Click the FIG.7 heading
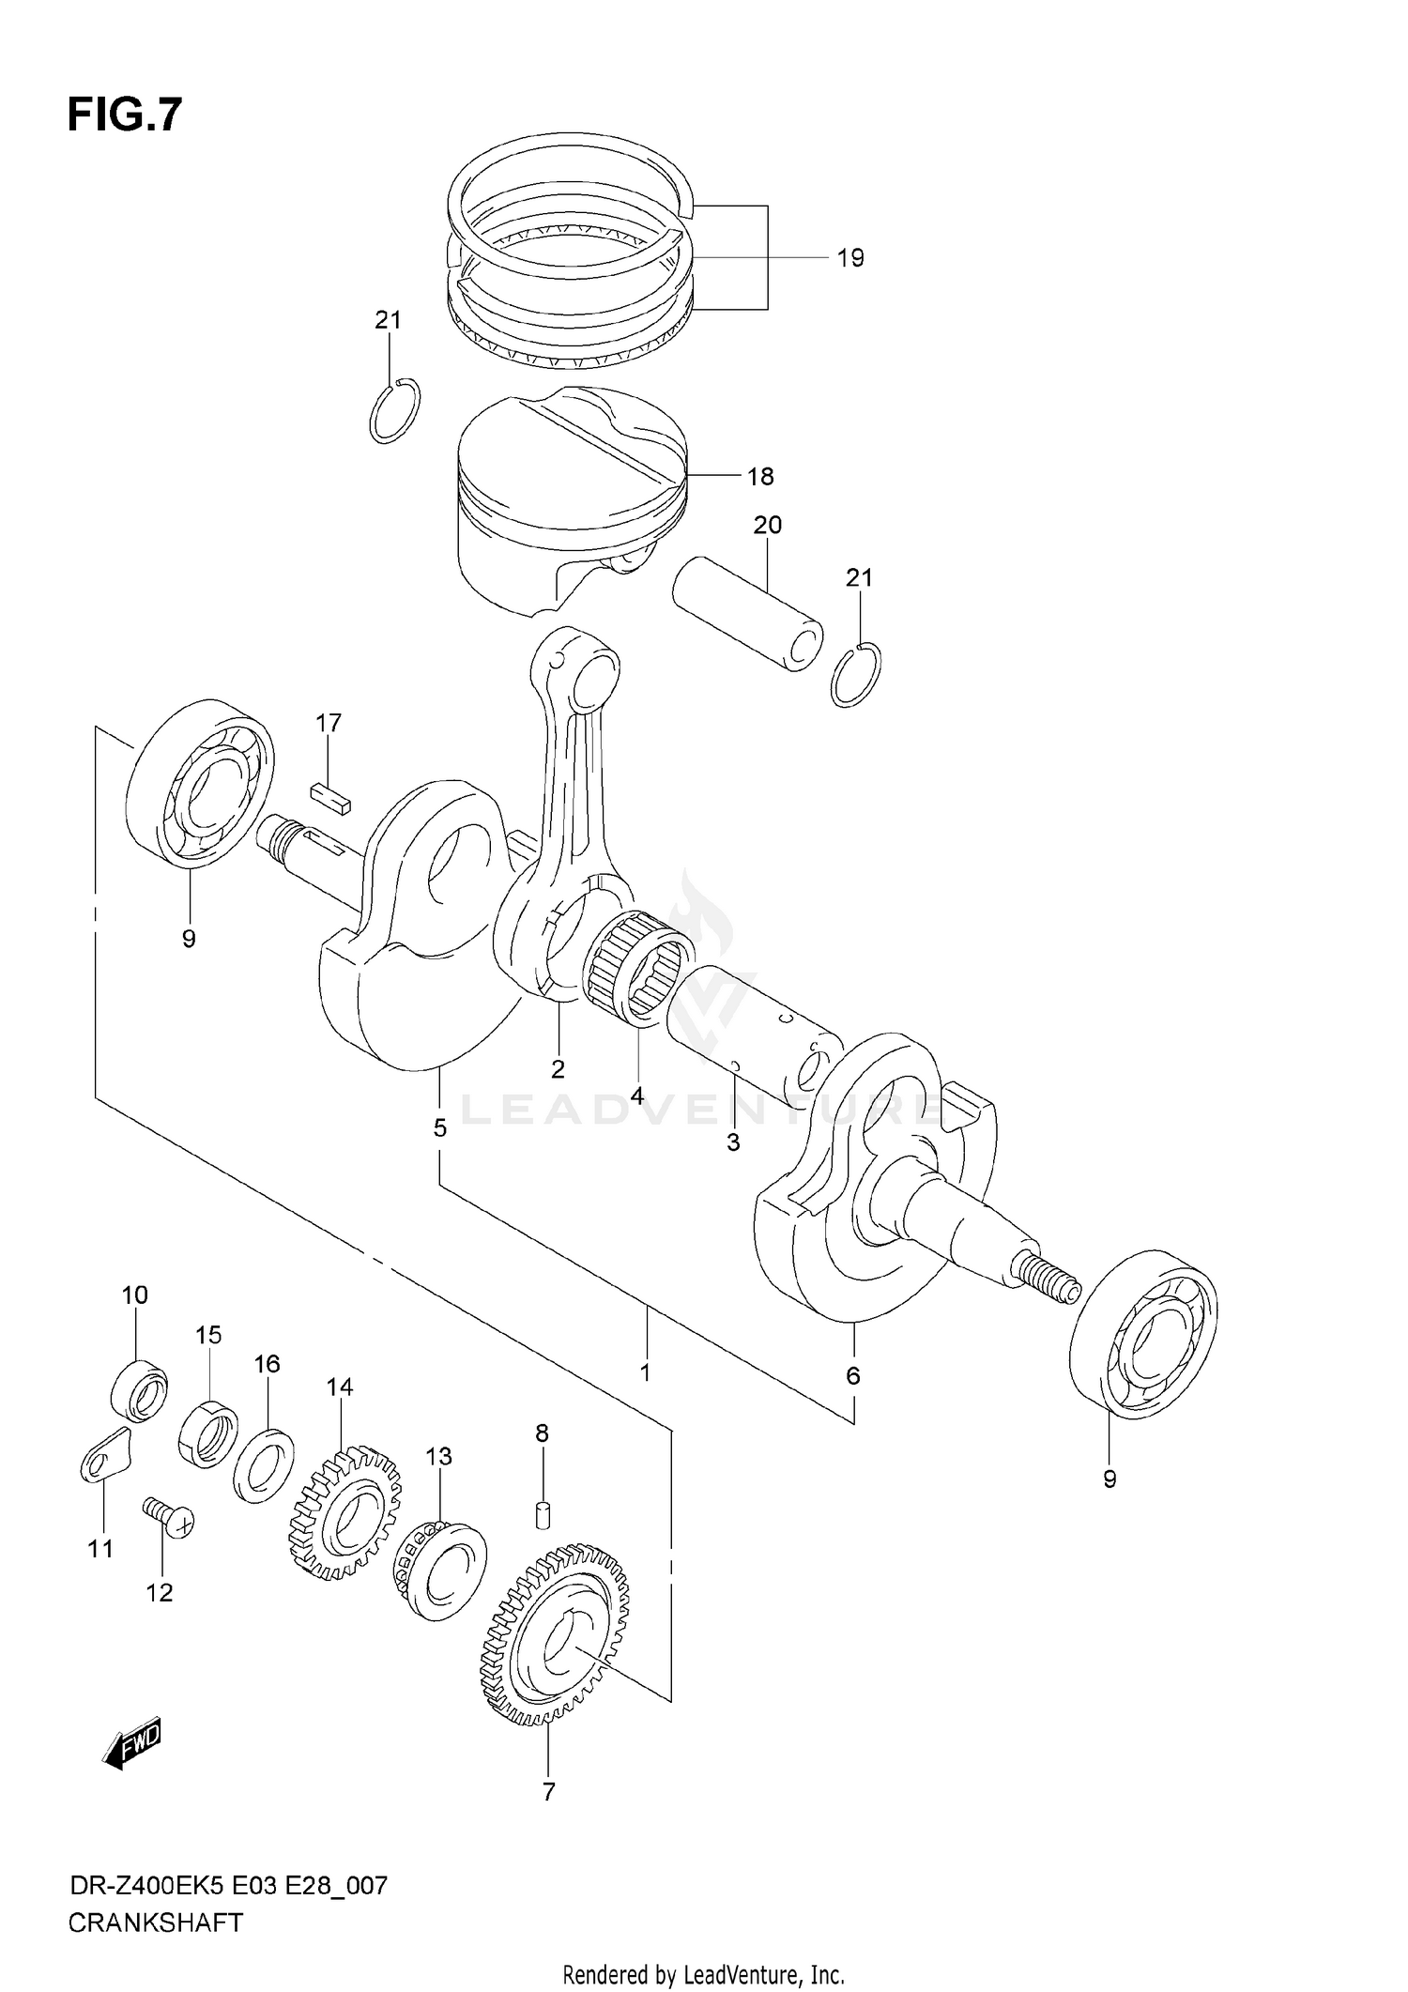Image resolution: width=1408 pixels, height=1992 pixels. pyautogui.click(x=124, y=115)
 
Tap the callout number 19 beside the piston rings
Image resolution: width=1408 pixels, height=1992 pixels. pyautogui.click(x=849, y=258)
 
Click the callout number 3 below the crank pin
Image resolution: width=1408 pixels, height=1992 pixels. pyautogui.click(x=733, y=1142)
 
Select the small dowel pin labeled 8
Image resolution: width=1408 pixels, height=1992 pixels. pyautogui.click(x=543, y=1514)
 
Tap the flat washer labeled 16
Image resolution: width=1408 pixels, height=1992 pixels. pyautogui.click(x=264, y=1464)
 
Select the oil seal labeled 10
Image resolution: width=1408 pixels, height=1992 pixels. pyautogui.click(x=140, y=1389)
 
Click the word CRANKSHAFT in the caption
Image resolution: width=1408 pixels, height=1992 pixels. pyautogui.click(x=155, y=1923)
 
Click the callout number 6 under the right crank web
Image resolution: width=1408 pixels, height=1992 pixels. pyautogui.click(x=852, y=1376)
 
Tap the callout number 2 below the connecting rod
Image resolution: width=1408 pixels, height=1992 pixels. pyautogui.click(x=558, y=1068)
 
